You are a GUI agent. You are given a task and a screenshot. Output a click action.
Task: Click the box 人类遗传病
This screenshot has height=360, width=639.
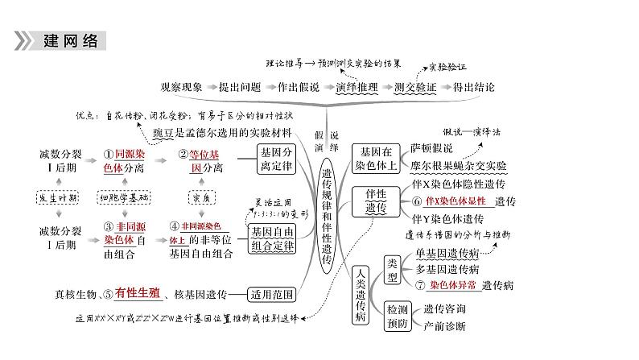tap(360, 294)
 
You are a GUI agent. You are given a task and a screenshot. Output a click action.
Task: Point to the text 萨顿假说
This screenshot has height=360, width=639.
tap(431, 148)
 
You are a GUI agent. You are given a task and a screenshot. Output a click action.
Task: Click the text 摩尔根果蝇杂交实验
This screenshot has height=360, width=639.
tap(458, 166)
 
